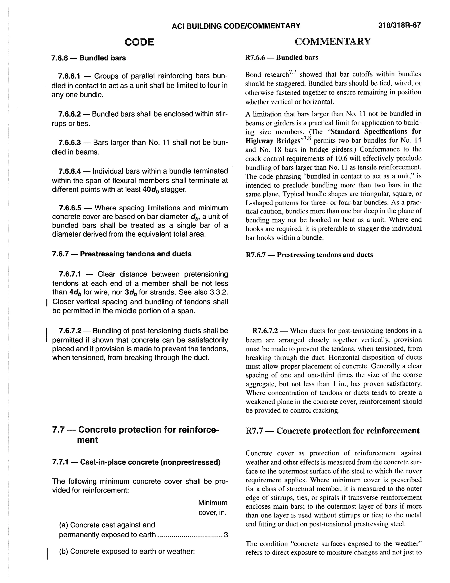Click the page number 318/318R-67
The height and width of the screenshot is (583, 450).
coord(399,25)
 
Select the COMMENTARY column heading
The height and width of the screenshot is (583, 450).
coord(332,41)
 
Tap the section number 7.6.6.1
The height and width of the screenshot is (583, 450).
coord(69,76)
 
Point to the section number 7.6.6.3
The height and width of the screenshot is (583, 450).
coord(69,143)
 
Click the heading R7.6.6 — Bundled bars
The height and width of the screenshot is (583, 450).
coord(281,58)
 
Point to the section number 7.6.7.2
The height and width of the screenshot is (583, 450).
coord(70,331)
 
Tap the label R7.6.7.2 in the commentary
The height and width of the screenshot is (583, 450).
coord(265,331)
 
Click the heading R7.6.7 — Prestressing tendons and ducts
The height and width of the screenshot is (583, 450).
coord(309,255)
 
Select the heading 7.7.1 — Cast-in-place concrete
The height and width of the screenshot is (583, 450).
coord(136,462)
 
